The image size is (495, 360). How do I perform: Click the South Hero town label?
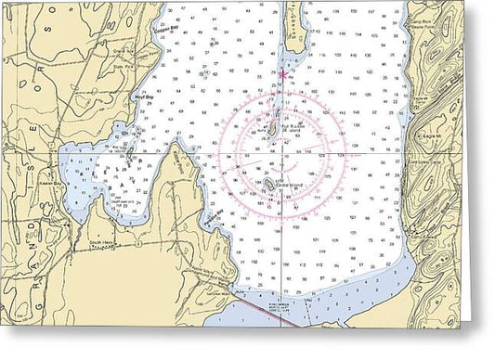(101, 241)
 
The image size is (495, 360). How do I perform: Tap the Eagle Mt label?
(430, 136)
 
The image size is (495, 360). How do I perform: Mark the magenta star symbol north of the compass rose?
(282, 74)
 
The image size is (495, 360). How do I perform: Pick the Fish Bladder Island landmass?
(269, 132)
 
